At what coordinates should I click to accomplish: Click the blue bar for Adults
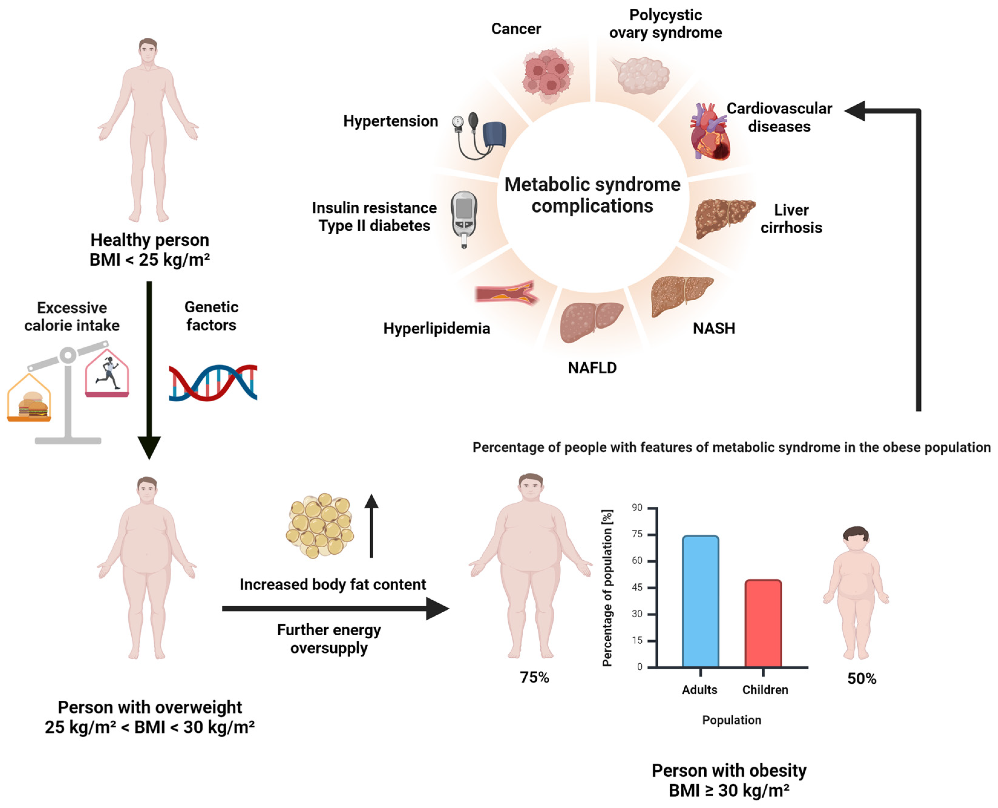pos(700,601)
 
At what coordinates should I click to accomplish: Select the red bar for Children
pos(763,623)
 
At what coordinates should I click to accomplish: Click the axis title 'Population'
pos(731,720)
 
